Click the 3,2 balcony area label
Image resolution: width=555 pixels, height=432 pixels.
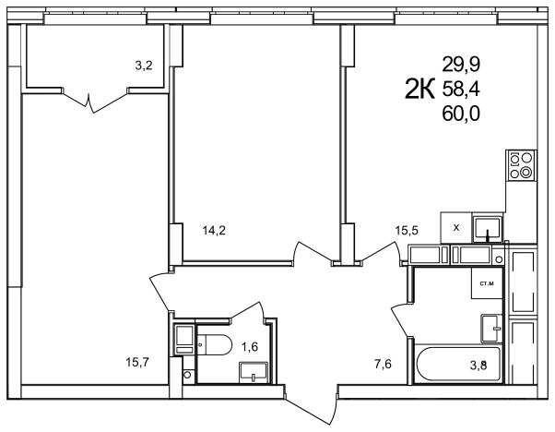pos(144,66)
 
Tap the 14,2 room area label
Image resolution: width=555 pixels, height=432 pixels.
pos(214,231)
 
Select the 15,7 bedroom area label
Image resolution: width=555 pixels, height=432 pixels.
pos(137,362)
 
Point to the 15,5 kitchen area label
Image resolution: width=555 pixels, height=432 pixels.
pos(407,231)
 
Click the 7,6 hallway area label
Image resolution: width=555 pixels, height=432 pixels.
pos(383,364)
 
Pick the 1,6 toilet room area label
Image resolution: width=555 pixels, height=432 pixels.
pos(250,347)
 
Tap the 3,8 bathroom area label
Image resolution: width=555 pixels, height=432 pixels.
pos(478,365)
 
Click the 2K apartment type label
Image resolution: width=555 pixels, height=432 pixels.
pos(419,90)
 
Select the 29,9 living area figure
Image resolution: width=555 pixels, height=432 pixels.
pos(461,65)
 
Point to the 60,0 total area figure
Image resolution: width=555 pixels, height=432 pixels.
pos(461,114)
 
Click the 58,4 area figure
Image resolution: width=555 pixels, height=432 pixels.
pos(461,90)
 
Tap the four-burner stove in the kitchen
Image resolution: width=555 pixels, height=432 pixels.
pos(522,165)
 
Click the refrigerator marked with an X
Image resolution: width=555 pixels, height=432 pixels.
pos(455,228)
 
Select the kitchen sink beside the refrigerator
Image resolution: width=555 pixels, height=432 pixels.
pos(488,228)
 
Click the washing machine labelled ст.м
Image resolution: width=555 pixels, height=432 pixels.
pos(487,282)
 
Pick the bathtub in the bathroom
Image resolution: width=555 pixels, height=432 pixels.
pos(459,365)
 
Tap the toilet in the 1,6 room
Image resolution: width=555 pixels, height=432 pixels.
pos(214,344)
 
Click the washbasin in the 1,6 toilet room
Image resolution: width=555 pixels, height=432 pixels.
pos(254,372)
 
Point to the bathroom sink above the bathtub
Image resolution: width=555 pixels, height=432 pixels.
pos(491,329)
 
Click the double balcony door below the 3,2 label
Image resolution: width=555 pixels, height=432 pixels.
pos(94,101)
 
